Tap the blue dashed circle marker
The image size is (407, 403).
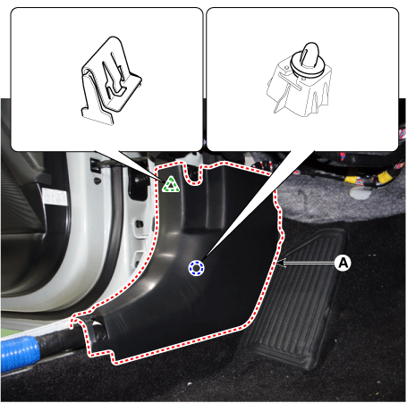click(196, 268)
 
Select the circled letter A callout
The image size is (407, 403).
click(343, 263)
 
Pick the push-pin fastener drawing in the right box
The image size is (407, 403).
click(299, 80)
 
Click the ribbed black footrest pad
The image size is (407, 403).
click(298, 298)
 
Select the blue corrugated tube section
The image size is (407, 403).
click(20, 354)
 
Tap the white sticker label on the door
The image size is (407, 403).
click(54, 197)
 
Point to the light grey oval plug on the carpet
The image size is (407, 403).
click(360, 193)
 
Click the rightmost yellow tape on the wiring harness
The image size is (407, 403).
click(385, 177)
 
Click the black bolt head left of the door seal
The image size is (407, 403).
click(97, 181)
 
